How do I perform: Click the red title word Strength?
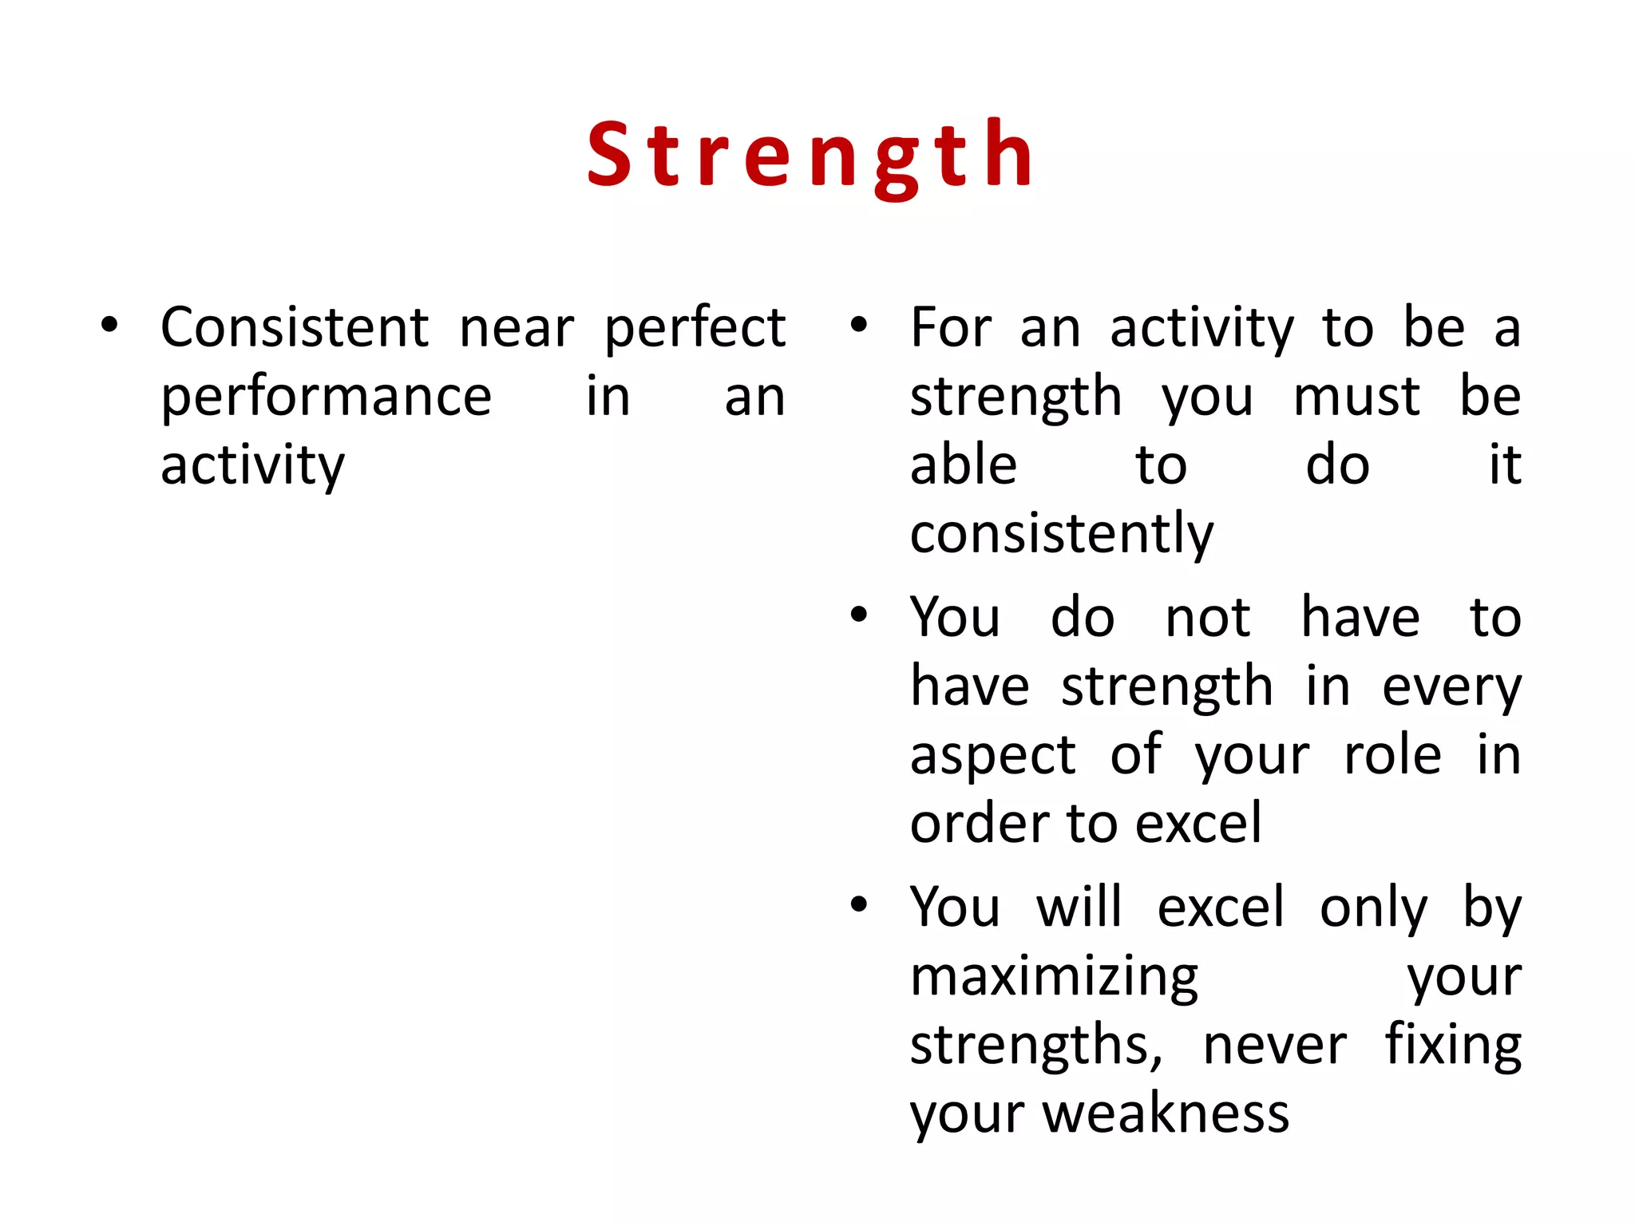pos(811,155)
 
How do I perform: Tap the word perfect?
pos(695,329)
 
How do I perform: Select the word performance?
pos(326,397)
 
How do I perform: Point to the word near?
pos(517,329)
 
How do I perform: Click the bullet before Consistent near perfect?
pos(109,326)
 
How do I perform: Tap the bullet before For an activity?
pos(859,326)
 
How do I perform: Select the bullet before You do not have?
pos(859,615)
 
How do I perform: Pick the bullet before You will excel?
pos(859,905)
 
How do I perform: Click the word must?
pos(1356,397)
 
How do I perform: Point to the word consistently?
pos(1061,535)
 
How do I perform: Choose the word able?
pos(963,465)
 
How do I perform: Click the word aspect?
pos(992,756)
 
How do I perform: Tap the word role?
pos(1392,755)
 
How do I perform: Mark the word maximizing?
pos(1054,978)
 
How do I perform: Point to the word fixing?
pos(1453,1046)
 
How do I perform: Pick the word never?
pos(1274,1046)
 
